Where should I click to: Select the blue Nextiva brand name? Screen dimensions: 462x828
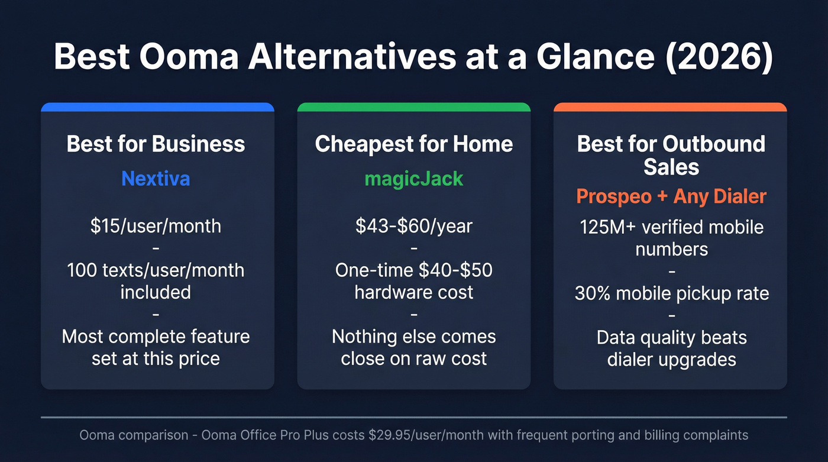156,179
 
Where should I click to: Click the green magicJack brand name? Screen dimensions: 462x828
413,179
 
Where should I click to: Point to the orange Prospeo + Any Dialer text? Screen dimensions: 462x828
671,196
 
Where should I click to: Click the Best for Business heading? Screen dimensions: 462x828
156,144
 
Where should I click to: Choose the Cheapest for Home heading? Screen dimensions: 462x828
413,144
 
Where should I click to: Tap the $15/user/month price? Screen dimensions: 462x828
156,226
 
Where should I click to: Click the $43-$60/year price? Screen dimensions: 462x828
413,226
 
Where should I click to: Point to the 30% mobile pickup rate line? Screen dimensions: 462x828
671,293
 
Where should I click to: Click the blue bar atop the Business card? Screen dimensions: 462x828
157,107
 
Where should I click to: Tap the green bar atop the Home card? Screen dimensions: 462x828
413,107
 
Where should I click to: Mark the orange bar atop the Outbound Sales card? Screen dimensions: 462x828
670,107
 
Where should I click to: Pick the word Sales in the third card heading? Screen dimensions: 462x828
671,167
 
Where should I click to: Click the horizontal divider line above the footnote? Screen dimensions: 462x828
413,418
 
